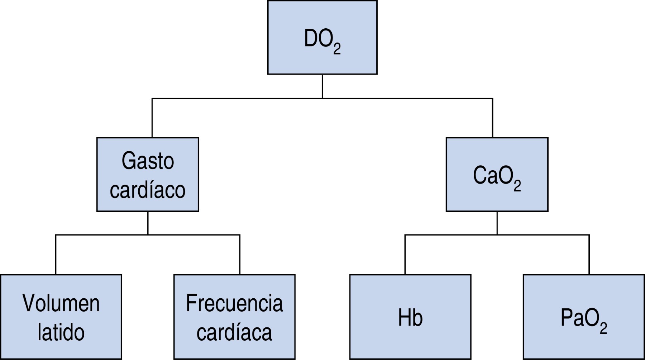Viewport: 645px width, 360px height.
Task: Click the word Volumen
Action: (61, 303)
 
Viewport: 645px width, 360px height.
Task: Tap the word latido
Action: (61, 332)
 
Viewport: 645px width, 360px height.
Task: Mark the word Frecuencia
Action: (234, 303)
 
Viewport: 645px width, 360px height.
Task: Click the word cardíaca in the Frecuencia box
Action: (234, 332)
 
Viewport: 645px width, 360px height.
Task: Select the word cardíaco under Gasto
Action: (148, 190)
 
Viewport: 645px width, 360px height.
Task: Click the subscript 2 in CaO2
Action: (517, 186)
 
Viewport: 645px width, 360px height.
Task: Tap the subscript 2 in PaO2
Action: (603, 328)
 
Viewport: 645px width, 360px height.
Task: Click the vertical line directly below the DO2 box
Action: (322, 86)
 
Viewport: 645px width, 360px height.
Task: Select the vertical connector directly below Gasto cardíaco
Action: (148, 223)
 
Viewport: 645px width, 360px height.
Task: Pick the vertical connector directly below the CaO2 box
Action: (497, 223)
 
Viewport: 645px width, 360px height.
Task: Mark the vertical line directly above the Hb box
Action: (405, 255)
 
